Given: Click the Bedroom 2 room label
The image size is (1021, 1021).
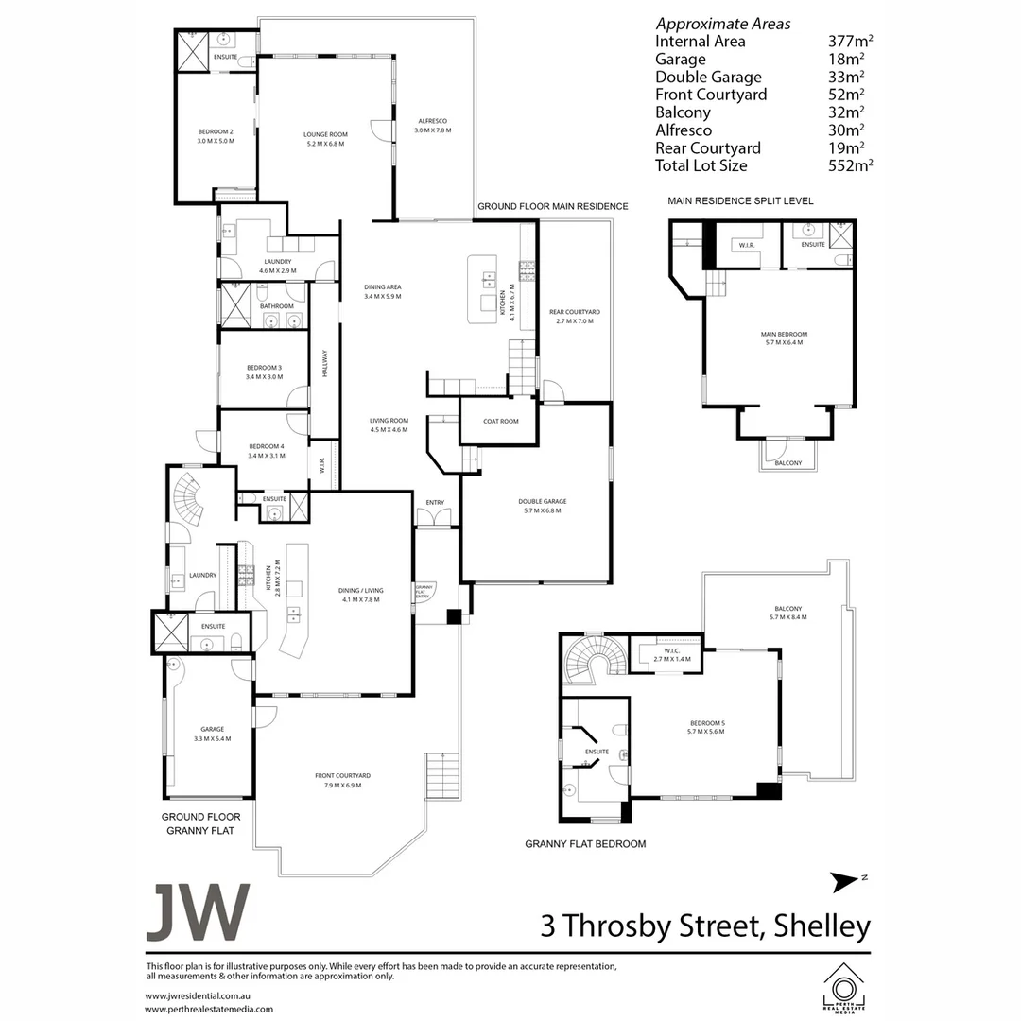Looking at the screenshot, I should [216, 130].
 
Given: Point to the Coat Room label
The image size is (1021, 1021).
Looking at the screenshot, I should [501, 422].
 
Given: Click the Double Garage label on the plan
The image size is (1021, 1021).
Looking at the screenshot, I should [542, 502].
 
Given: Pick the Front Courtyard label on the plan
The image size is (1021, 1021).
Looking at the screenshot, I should [342, 776].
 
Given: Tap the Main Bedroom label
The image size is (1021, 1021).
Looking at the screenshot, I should [784, 334].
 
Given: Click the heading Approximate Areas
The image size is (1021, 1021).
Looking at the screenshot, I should [723, 24].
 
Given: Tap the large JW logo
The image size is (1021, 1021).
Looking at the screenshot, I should [198, 912].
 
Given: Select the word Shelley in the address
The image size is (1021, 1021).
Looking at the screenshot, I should [821, 926].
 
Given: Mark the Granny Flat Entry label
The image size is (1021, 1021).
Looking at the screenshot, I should [424, 591].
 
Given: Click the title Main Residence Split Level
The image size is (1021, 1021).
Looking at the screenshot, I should [740, 201].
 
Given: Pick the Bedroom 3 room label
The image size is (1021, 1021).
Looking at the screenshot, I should [265, 367].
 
